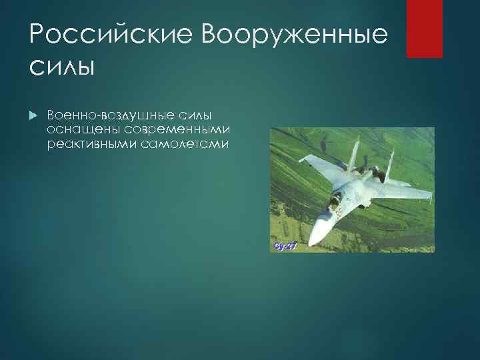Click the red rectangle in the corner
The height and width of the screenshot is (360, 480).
tap(425, 28)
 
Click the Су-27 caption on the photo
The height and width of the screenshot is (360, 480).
tap(285, 246)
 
